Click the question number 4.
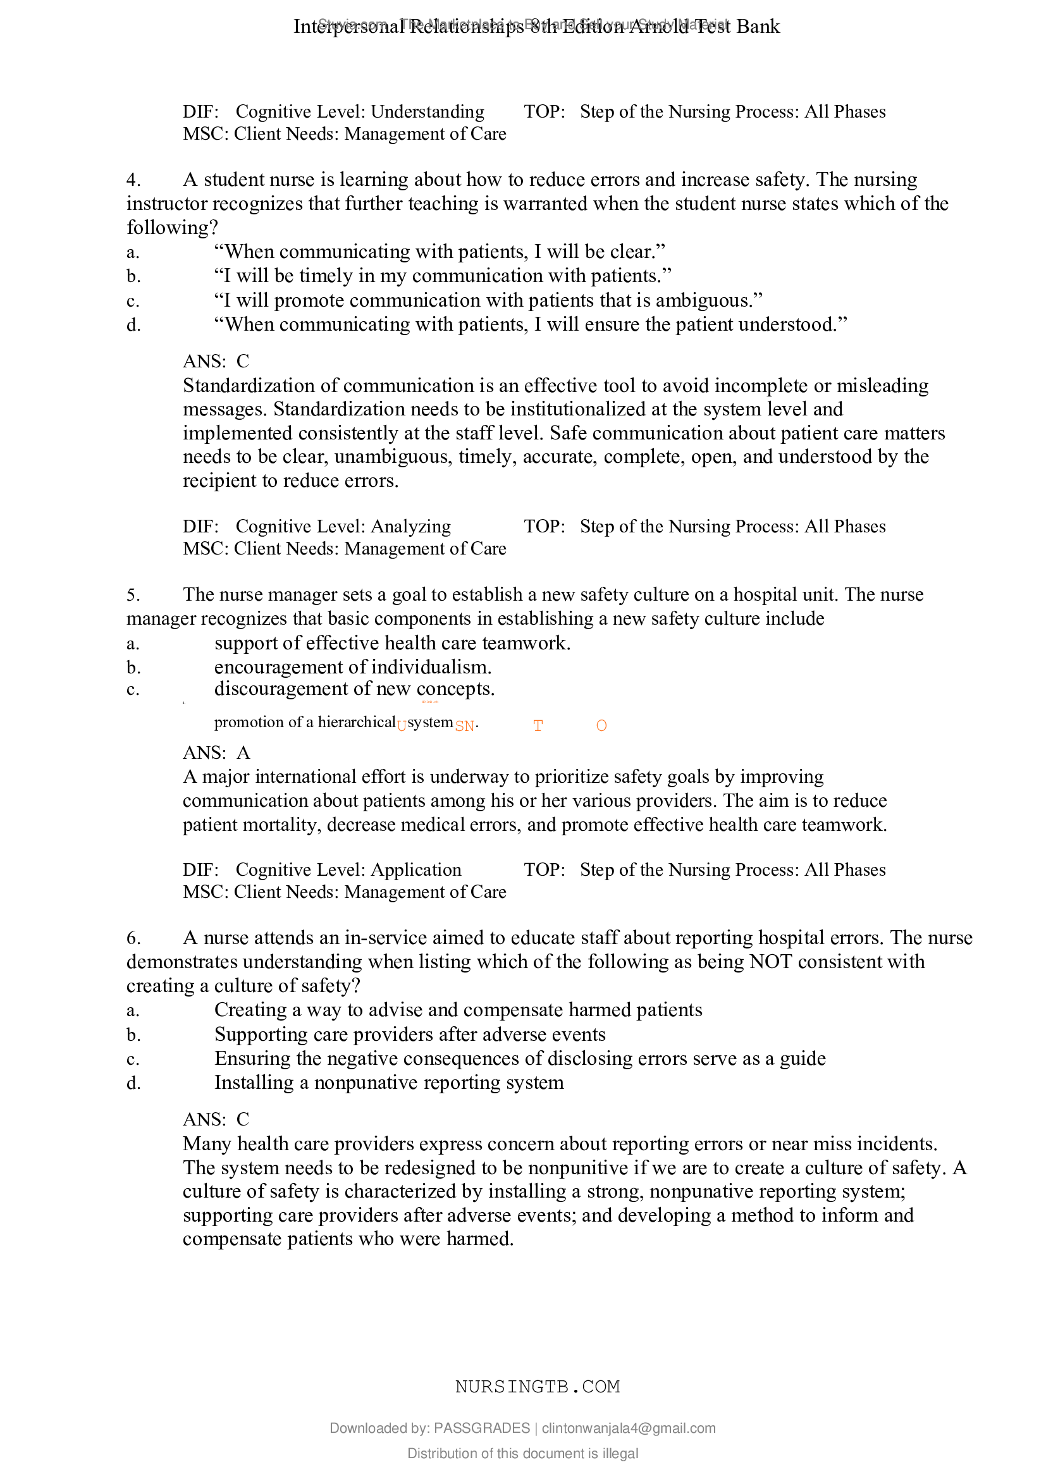click(133, 180)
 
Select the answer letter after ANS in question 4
click(243, 362)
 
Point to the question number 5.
click(133, 594)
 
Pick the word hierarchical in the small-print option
click(356, 722)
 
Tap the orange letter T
click(538, 726)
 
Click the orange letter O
click(601, 726)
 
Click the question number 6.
click(133, 938)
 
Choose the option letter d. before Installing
click(133, 1083)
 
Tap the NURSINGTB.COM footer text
click(537, 1387)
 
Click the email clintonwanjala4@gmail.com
click(629, 1428)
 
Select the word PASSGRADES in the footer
click(482, 1428)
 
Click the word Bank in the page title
click(758, 27)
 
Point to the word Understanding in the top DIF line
click(428, 111)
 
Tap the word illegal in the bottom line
click(620, 1453)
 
